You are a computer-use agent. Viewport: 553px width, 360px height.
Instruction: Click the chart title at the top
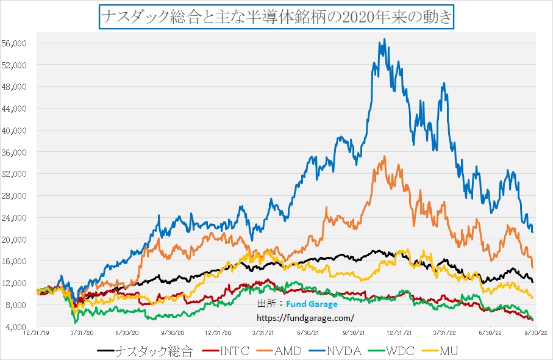tap(276, 16)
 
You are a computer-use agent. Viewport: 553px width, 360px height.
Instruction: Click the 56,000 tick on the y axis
tap(20, 43)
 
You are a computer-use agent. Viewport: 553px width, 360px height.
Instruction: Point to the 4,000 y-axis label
tap(22, 326)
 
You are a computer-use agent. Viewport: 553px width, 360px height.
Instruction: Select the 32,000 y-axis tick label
tap(20, 174)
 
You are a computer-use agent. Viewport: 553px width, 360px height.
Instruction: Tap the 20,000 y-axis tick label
tap(20, 239)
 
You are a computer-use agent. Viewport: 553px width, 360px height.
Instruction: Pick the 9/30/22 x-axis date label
tap(533, 334)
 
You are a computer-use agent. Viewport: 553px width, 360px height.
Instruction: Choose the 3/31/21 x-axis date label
tap(263, 334)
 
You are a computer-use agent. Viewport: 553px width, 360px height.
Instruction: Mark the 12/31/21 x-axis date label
tap(399, 334)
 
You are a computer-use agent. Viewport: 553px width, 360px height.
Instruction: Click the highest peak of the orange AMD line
tap(384, 156)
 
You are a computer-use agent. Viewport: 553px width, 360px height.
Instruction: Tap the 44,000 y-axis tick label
tap(20, 108)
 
